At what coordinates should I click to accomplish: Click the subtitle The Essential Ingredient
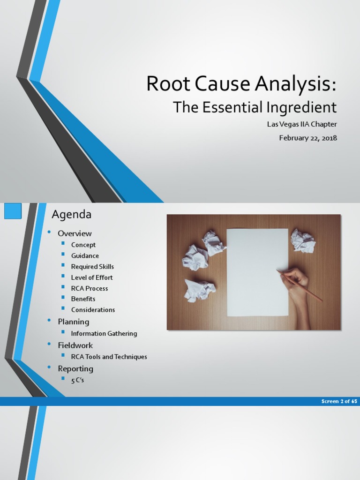pyautogui.click(x=255, y=107)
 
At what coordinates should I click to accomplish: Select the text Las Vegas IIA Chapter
pyautogui.click(x=302, y=124)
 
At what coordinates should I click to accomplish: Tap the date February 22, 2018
pyautogui.click(x=307, y=138)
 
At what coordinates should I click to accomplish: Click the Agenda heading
pyautogui.click(x=71, y=215)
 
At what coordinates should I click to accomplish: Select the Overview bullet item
pyautogui.click(x=75, y=233)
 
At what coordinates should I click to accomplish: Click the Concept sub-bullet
pyautogui.click(x=83, y=245)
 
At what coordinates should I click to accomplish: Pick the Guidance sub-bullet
pyautogui.click(x=85, y=255)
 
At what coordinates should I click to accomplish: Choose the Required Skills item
pyautogui.click(x=92, y=266)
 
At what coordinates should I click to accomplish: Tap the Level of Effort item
pyautogui.click(x=91, y=277)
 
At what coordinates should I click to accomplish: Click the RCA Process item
pyautogui.click(x=89, y=288)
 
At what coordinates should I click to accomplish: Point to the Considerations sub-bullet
pyautogui.click(x=93, y=309)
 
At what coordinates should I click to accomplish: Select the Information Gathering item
pyautogui.click(x=104, y=333)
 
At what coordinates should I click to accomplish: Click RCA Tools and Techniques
pyautogui.click(x=109, y=357)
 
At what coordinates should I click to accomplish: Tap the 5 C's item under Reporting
pyautogui.click(x=77, y=380)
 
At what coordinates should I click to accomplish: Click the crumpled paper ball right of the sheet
pyautogui.click(x=302, y=240)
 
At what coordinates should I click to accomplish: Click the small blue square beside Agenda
pyautogui.click(x=13, y=211)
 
